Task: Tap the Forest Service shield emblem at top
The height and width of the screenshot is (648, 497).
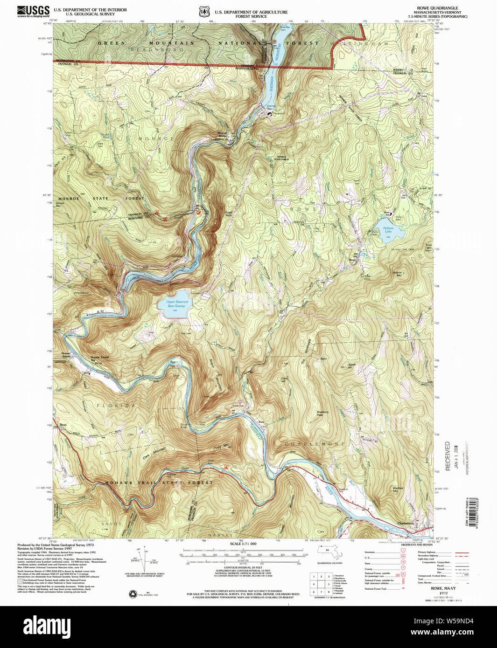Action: click(x=203, y=11)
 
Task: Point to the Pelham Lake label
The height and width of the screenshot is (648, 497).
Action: click(x=388, y=230)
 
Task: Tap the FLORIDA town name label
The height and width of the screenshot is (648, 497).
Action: click(x=116, y=406)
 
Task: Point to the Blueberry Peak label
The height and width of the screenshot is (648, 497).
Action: click(x=322, y=413)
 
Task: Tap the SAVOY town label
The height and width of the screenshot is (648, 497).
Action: click(x=111, y=524)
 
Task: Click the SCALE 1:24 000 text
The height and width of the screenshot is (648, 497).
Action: click(x=243, y=544)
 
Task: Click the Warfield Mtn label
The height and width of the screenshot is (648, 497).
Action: click(x=398, y=489)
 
